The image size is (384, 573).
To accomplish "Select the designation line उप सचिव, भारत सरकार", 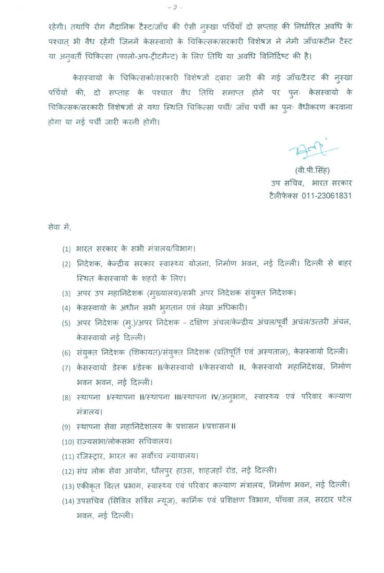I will click(x=311, y=183).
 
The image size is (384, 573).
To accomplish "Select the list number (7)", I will click(x=66, y=367).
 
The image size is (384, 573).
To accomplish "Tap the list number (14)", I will click(x=68, y=502).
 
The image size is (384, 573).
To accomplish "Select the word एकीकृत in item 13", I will click(x=89, y=486).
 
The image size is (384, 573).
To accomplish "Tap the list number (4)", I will click(x=66, y=307).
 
